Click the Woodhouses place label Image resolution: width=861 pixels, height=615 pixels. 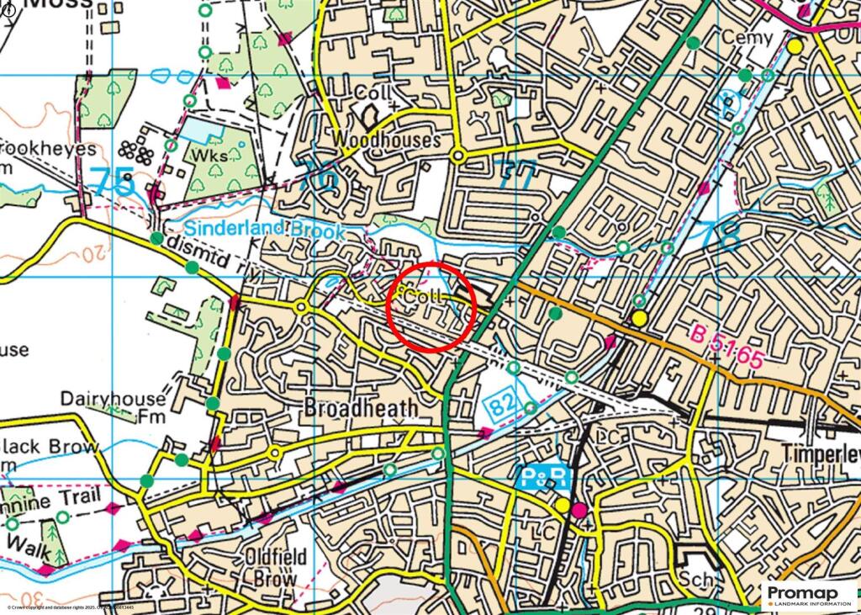click(x=386, y=140)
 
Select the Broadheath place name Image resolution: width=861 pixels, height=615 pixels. click(x=361, y=408)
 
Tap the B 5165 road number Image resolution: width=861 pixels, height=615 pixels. click(x=727, y=346)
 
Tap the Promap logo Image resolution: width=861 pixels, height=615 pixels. click(x=808, y=596)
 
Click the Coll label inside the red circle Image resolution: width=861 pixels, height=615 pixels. click(x=423, y=297)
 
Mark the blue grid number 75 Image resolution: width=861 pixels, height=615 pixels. click(x=111, y=183)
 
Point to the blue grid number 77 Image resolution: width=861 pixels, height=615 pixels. click(x=515, y=177)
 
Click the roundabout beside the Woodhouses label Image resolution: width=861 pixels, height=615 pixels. click(x=458, y=156)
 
